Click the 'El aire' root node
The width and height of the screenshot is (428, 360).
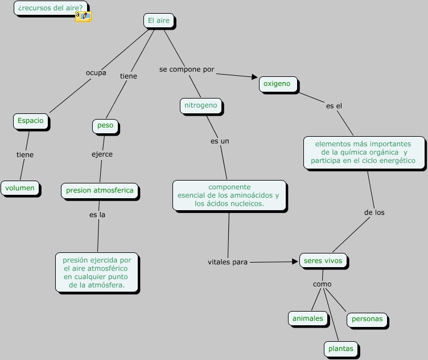[158, 21]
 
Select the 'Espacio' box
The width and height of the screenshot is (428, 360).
[30, 121]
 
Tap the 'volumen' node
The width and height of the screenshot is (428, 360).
[20, 188]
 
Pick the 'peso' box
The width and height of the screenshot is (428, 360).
[105, 125]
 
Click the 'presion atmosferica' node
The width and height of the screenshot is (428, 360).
[100, 190]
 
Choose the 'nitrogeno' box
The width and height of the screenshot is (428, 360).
[200, 105]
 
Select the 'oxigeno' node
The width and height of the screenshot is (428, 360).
[277, 84]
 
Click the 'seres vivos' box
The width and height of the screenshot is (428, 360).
[323, 261]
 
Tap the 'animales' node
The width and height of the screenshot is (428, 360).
[307, 318]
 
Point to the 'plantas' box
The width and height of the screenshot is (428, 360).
[340, 349]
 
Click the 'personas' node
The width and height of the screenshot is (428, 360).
[367, 319]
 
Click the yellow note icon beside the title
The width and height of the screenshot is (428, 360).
[83, 17]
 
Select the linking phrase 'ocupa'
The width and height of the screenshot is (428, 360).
[96, 72]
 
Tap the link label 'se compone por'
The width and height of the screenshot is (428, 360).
[187, 69]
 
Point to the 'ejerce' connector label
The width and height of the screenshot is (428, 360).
[102, 154]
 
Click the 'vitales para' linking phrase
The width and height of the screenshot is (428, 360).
[228, 262]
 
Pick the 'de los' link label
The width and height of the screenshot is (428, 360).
[374, 212]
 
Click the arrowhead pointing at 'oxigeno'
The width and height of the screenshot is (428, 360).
[255, 77]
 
